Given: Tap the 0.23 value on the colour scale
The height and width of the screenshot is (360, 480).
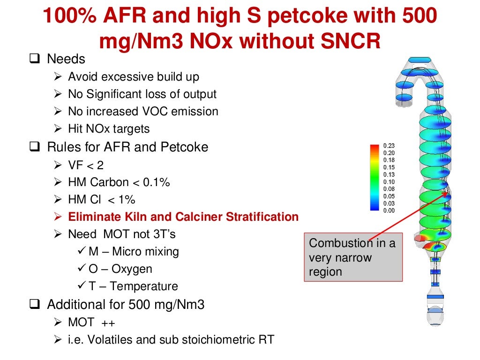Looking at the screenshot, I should tap(389, 145).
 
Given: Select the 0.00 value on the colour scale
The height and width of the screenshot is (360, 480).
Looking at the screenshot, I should tap(389, 211).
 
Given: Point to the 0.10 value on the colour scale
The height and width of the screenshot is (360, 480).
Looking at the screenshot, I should tap(389, 182).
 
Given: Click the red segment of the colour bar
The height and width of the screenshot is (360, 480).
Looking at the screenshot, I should tap(374, 148).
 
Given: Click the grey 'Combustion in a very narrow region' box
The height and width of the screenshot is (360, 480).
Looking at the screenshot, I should tap(353, 257).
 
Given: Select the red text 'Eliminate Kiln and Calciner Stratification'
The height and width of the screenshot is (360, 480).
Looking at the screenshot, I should tap(183, 217).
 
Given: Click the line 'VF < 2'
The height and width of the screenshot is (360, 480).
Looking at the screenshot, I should tap(86, 165).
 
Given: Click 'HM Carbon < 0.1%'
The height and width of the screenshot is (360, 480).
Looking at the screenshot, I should tap(119, 182).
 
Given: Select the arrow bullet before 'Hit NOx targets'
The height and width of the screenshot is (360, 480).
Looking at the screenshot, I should tap(58, 129).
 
